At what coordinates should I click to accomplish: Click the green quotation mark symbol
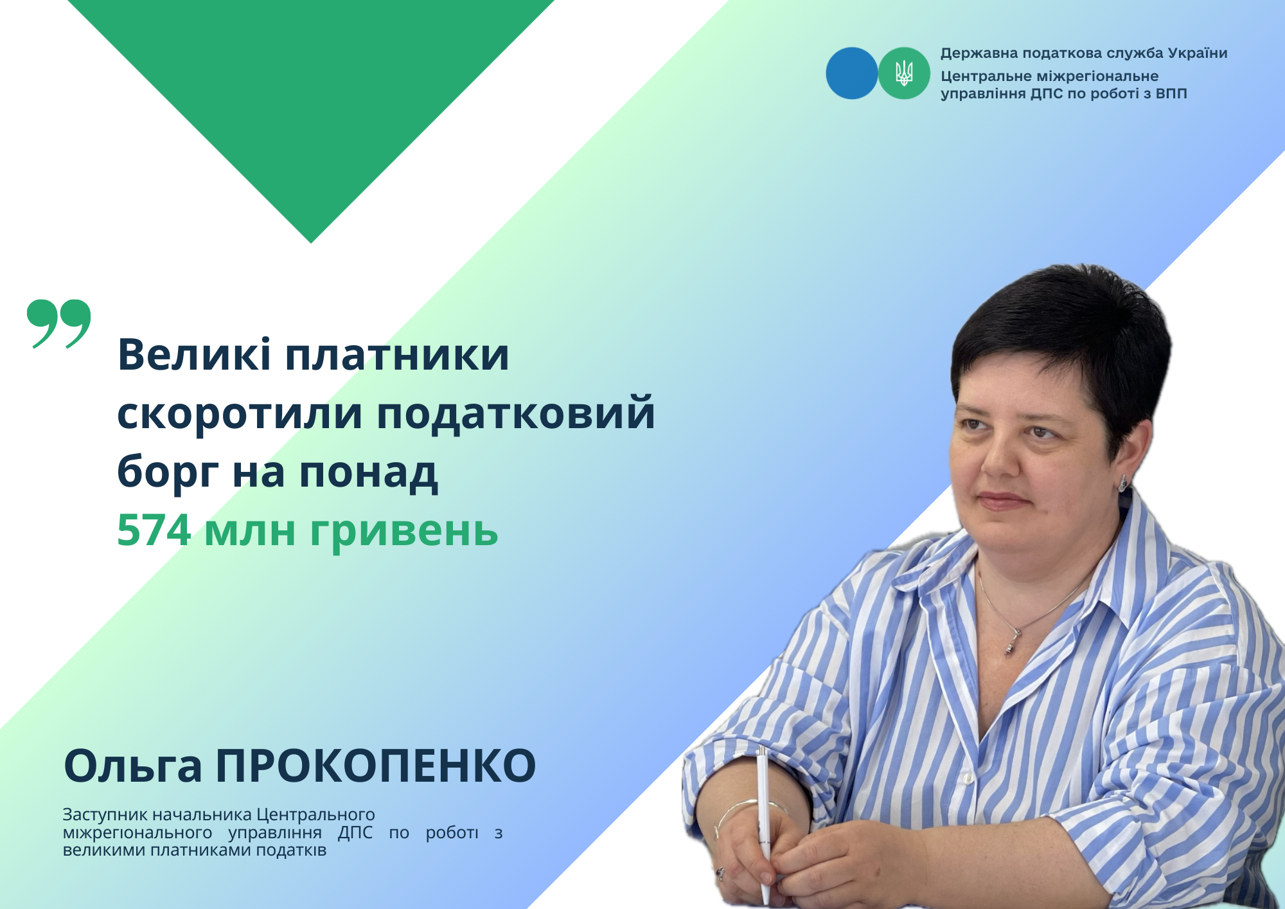click(59, 323)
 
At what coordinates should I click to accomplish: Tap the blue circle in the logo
click(852, 73)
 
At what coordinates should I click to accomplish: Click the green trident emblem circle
click(904, 73)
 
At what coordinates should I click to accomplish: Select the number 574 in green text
click(154, 530)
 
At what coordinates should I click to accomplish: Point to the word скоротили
click(240, 413)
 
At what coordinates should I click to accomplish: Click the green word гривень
click(404, 531)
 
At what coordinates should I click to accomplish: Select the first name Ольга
click(133, 766)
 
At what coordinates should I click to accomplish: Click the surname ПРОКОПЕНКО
click(376, 766)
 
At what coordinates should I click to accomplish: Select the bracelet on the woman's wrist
click(749, 813)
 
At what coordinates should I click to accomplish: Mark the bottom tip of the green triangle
click(311, 243)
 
